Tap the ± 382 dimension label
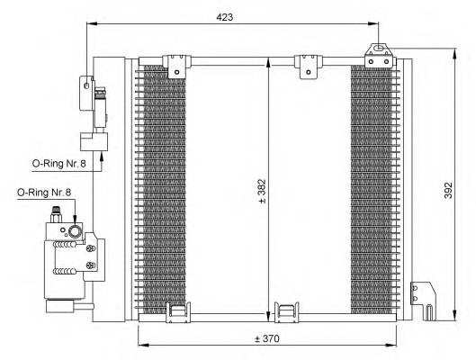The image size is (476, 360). coord(262,188)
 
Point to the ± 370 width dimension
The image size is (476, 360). coord(267,338)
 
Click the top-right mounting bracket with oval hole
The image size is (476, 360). coord(378,53)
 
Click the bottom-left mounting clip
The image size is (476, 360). coord(177,310)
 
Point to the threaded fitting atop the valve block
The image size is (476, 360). coord(56,215)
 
